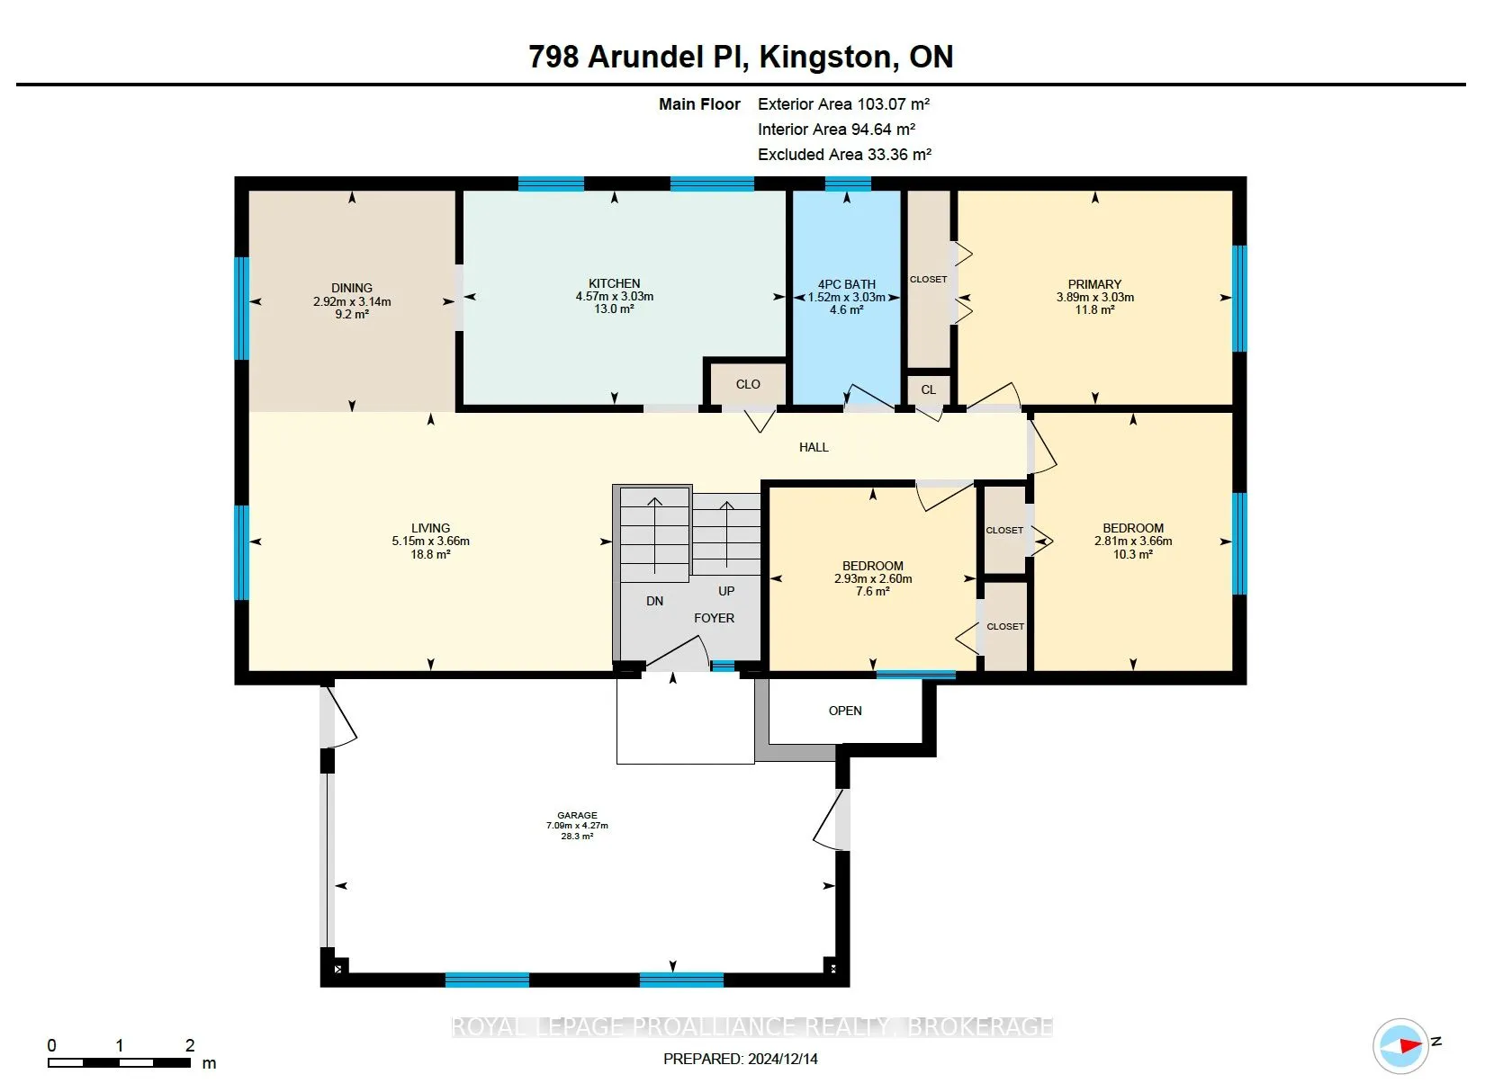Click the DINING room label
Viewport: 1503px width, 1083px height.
(x=352, y=289)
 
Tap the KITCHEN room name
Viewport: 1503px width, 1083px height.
(x=614, y=283)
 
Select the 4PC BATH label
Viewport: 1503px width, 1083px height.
(x=846, y=284)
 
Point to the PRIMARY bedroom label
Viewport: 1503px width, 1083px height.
(x=1094, y=284)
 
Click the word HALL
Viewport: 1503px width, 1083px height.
(x=814, y=447)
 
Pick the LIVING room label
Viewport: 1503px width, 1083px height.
(x=431, y=528)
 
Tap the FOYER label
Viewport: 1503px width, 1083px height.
(x=714, y=618)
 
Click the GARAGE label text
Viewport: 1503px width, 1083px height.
(x=577, y=816)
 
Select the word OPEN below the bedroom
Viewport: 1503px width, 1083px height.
(x=845, y=711)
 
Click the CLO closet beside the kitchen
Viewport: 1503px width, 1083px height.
(x=748, y=384)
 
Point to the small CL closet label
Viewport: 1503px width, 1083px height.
(x=928, y=389)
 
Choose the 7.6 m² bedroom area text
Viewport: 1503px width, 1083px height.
(x=872, y=592)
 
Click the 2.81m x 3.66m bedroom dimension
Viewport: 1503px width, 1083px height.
(x=1132, y=541)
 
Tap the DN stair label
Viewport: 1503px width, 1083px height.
(x=654, y=602)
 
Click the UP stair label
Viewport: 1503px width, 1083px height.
(x=726, y=592)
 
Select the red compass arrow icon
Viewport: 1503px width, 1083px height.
(x=1409, y=1045)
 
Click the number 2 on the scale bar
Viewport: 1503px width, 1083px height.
(x=190, y=1045)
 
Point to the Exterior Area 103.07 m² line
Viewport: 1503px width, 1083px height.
(x=843, y=104)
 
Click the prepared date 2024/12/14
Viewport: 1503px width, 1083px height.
(x=782, y=1059)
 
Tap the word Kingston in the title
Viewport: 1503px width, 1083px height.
(x=829, y=58)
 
